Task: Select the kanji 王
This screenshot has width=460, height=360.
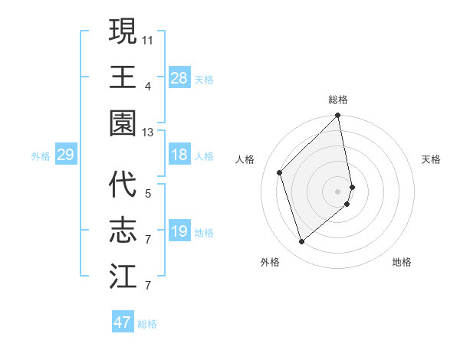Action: tap(123, 77)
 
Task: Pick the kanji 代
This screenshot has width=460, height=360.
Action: tap(123, 185)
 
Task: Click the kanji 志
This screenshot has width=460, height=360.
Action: tap(123, 231)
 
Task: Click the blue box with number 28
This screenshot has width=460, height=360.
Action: tap(179, 78)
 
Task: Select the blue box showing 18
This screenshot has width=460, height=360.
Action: tap(179, 155)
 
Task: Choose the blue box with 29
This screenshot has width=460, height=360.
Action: tap(65, 155)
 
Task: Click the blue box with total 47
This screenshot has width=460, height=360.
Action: tap(123, 322)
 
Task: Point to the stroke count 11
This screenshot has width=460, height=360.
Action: tap(148, 38)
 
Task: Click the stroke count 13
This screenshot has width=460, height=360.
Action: tap(148, 133)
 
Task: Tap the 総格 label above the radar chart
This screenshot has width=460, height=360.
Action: tap(338, 100)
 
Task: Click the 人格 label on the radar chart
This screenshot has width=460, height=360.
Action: tap(245, 159)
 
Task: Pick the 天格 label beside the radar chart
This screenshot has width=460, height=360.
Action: tap(432, 159)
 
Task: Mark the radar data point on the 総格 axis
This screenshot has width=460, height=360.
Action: tap(338, 116)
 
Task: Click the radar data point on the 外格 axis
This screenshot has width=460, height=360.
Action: tap(301, 242)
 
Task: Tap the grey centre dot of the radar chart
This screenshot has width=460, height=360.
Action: tap(338, 191)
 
